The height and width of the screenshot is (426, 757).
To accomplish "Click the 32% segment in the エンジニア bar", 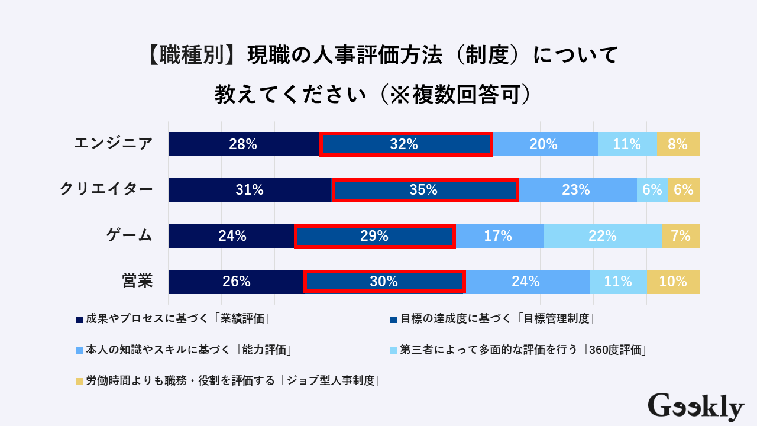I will point(406,144).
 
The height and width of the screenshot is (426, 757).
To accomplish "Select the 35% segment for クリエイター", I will point(425,190).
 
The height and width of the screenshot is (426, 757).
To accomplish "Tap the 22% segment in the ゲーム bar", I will point(603,236).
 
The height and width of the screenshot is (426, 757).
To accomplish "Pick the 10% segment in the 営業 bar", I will point(673,282).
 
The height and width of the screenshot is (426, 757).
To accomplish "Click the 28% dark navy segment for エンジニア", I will point(243,144).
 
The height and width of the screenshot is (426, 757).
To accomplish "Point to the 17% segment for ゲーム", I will point(499,236).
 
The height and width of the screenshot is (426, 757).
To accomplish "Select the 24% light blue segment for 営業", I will point(526,282).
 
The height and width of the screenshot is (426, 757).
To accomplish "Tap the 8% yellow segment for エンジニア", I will point(678,144).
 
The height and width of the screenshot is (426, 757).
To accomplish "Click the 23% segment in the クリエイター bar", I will point(577,190).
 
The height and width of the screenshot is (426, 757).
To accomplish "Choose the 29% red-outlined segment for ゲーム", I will point(374,236).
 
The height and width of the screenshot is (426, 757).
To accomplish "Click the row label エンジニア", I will point(113,144).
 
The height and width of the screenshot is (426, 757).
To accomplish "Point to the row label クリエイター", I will point(106,189).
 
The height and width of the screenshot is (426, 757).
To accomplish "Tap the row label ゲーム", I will point(130,235).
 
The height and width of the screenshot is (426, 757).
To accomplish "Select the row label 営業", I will point(137,281).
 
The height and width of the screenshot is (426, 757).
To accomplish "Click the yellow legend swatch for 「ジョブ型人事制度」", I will point(79,380).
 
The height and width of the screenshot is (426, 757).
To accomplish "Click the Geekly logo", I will point(695,406).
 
